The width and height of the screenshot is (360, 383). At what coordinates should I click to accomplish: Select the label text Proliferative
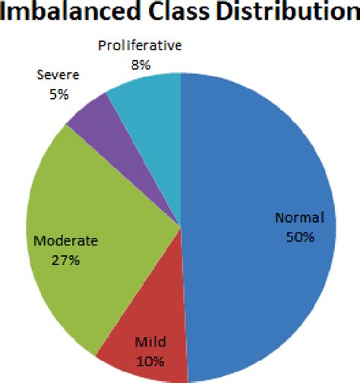tap(141, 46)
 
